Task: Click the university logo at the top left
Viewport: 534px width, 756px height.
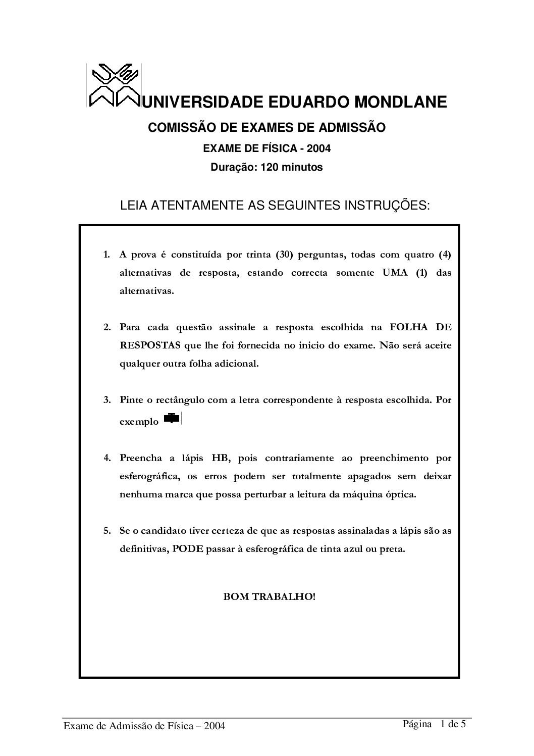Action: pyautogui.click(x=113, y=85)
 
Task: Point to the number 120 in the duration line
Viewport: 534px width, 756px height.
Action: pyautogui.click(x=268, y=167)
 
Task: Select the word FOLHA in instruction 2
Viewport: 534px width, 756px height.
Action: pyautogui.click(x=407, y=327)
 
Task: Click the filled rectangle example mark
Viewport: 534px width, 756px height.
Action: pyautogui.click(x=173, y=419)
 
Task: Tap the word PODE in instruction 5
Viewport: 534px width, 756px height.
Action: pyautogui.click(x=187, y=549)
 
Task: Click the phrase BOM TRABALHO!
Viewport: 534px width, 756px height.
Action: pyautogui.click(x=270, y=596)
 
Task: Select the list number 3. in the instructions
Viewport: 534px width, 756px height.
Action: pyautogui.click(x=107, y=400)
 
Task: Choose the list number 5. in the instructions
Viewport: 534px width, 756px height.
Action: pyautogui.click(x=107, y=531)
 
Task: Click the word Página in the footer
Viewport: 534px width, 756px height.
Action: pyautogui.click(x=416, y=724)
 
